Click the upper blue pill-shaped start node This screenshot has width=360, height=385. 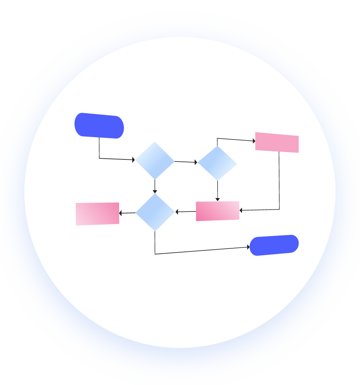pyautogui.click(x=99, y=126)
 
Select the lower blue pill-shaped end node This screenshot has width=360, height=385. pyautogui.click(x=274, y=245)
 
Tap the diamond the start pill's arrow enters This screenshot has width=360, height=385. pyautogui.click(x=155, y=161)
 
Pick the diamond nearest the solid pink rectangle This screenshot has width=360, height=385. pyautogui.click(x=217, y=163)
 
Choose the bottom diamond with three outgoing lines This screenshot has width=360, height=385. pyautogui.click(x=155, y=212)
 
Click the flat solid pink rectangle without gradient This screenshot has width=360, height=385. pyautogui.click(x=277, y=142)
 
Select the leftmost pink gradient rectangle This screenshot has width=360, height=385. pyautogui.click(x=97, y=214)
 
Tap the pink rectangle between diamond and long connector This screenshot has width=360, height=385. pyautogui.click(x=218, y=211)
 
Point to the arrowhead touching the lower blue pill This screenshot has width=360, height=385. pyautogui.click(x=248, y=247)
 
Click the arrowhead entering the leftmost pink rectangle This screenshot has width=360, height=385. pyautogui.click(x=121, y=213)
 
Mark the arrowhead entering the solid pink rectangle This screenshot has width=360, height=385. pyautogui.click(x=254, y=141)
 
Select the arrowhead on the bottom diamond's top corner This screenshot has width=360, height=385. pyautogui.click(x=155, y=192)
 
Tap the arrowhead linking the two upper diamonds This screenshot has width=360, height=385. pyautogui.click(x=196, y=162)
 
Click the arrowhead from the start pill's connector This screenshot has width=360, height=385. pyautogui.click(x=133, y=160)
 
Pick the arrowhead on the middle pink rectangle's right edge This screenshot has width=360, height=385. pyautogui.click(x=241, y=210)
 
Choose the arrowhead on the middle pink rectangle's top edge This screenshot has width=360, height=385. pyautogui.click(x=218, y=199)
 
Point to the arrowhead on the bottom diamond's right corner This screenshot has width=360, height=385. pyautogui.click(x=177, y=213)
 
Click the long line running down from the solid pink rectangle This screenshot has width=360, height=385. pyautogui.click(x=279, y=181)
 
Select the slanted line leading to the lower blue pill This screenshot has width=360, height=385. pyautogui.click(x=202, y=250)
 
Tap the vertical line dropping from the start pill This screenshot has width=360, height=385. pyautogui.click(x=99, y=148)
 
